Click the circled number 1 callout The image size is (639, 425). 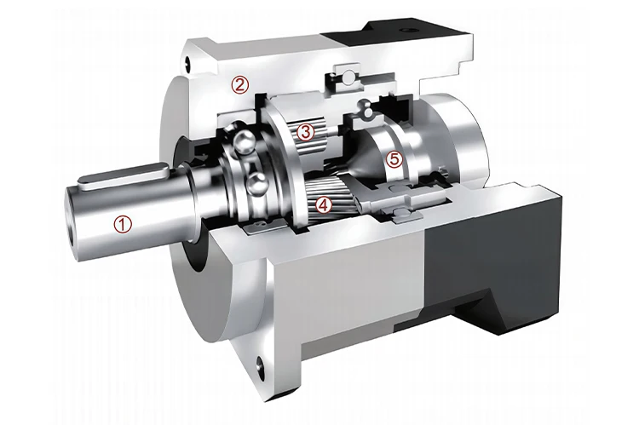pyautogui.click(x=124, y=225)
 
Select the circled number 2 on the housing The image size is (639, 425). pyautogui.click(x=240, y=83)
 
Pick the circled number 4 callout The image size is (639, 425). pyautogui.click(x=322, y=204)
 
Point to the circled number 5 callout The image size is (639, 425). pyautogui.click(x=393, y=158)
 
